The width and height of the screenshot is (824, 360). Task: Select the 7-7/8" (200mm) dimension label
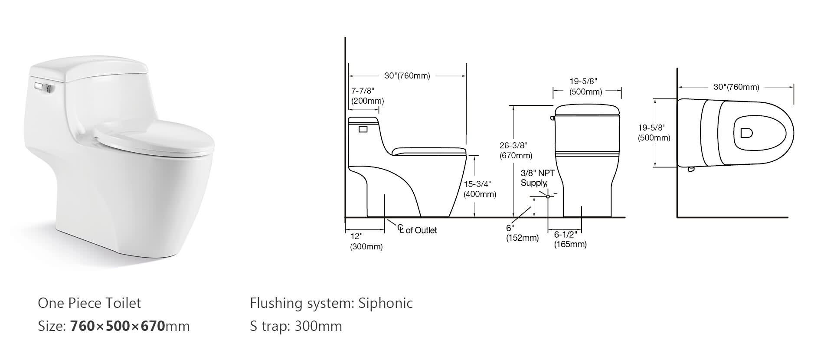click(x=367, y=96)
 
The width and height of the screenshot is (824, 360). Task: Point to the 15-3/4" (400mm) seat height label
click(x=480, y=189)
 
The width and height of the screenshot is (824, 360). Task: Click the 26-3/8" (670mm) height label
click(x=516, y=150)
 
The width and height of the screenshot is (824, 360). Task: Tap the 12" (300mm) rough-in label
click(x=366, y=242)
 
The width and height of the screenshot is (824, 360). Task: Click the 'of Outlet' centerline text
click(x=421, y=230)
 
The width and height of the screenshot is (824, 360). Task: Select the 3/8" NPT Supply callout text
click(x=537, y=178)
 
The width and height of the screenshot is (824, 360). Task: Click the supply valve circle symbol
click(x=548, y=196)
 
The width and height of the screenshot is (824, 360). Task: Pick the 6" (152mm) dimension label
click(x=522, y=233)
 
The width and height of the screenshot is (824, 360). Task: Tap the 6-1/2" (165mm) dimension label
click(x=570, y=239)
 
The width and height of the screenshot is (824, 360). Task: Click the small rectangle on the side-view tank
click(x=363, y=129)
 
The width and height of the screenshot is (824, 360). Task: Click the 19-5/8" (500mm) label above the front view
click(x=585, y=86)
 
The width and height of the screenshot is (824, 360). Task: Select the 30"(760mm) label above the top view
click(x=736, y=87)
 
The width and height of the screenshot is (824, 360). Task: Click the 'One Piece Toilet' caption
click(x=89, y=303)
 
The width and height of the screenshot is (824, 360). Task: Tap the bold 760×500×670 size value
click(x=118, y=326)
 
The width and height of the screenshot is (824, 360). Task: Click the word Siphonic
click(x=385, y=303)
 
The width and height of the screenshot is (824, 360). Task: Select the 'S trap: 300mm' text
click(x=296, y=326)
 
